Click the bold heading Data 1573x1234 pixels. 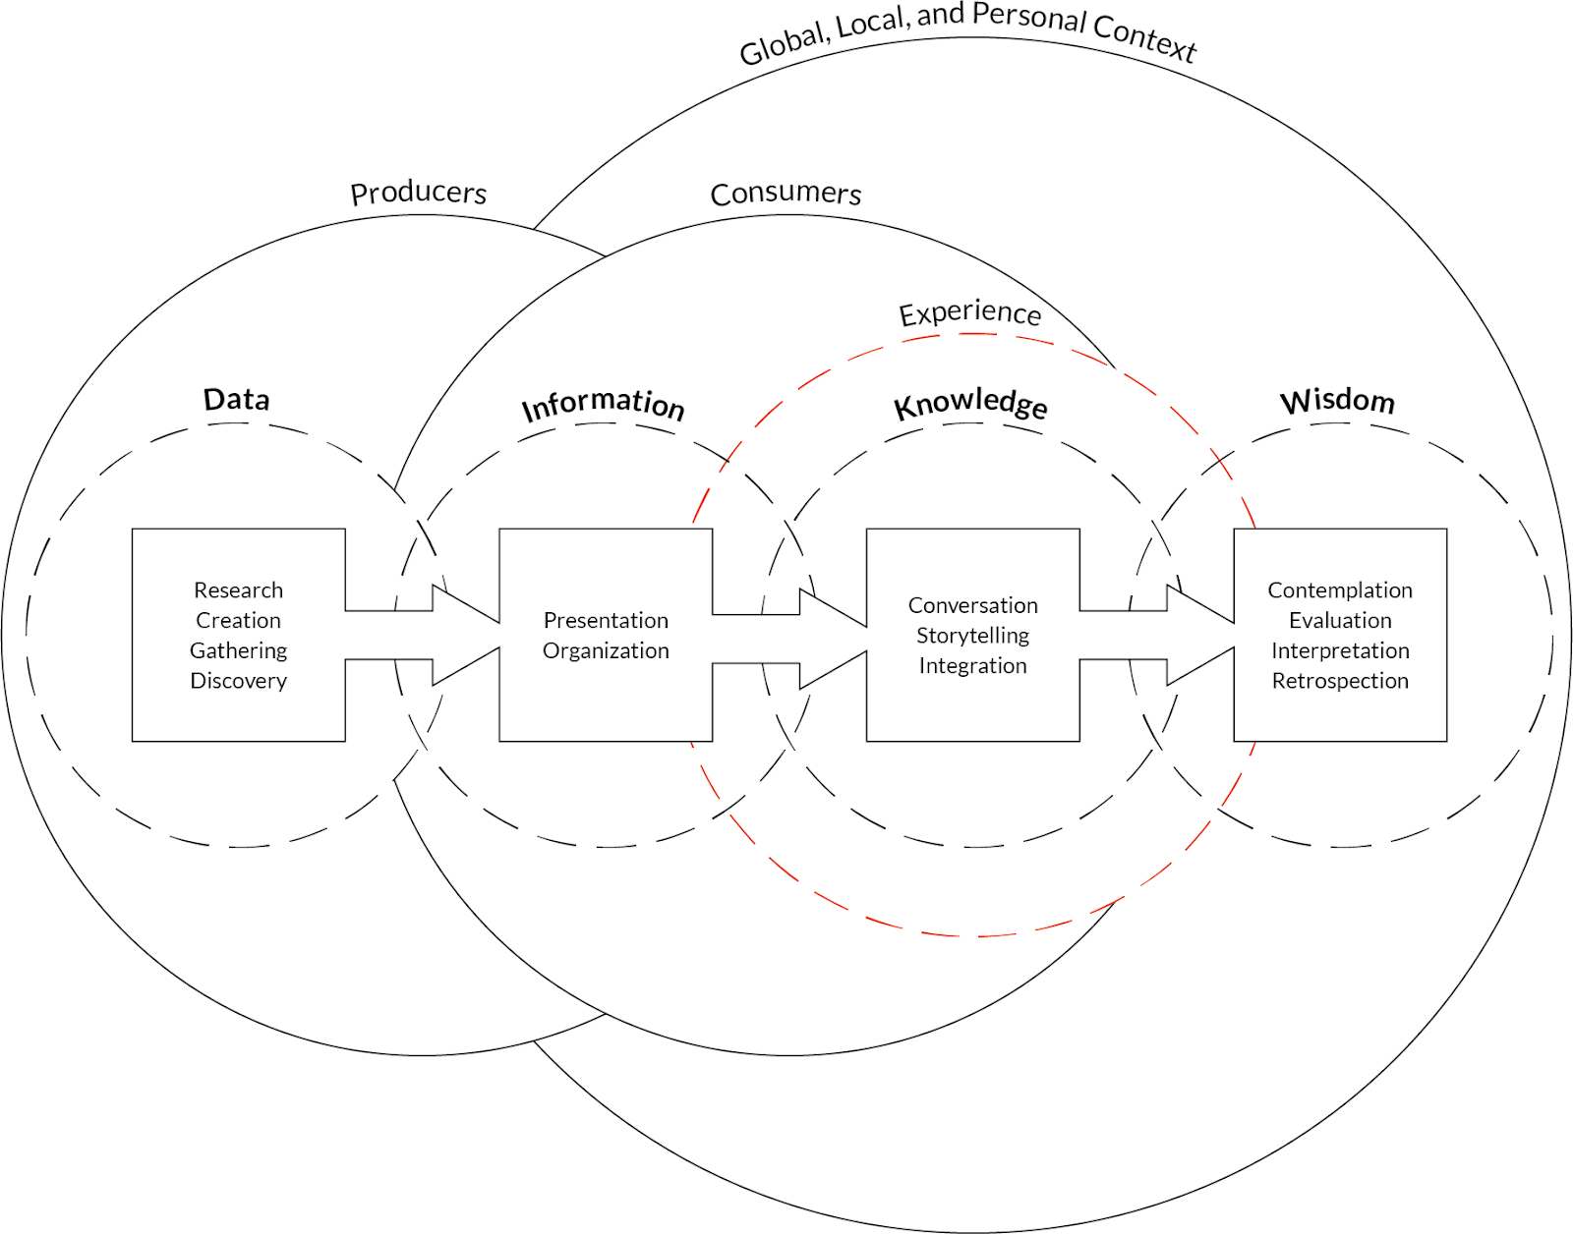pyautogui.click(x=236, y=399)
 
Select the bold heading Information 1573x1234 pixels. pyautogui.click(x=603, y=403)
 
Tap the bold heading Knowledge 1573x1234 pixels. pyautogui.click(x=970, y=403)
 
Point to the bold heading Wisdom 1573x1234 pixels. pyautogui.click(x=1337, y=400)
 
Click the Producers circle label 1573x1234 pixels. pyautogui.click(x=419, y=193)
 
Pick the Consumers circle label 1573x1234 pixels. pyautogui.click(x=786, y=193)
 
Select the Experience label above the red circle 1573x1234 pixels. pyautogui.click(x=969, y=312)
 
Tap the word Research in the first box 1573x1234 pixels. pyautogui.click(x=238, y=589)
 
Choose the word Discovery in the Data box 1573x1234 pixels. pyautogui.click(x=238, y=680)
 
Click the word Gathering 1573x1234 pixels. pyautogui.click(x=238, y=650)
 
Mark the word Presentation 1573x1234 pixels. pyautogui.click(x=606, y=620)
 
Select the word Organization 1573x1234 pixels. pyautogui.click(x=606, y=650)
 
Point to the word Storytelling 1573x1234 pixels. pyautogui.click(x=972, y=636)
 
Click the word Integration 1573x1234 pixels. pyautogui.click(x=972, y=665)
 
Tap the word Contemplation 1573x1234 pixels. pyautogui.click(x=1339, y=589)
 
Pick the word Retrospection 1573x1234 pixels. pyautogui.click(x=1339, y=680)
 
